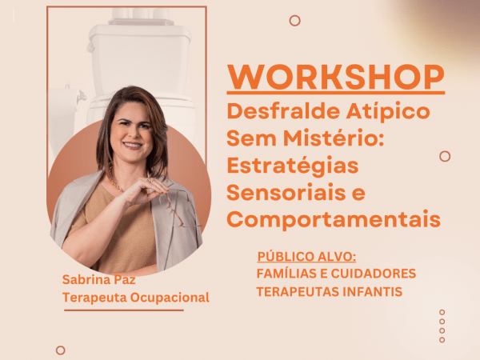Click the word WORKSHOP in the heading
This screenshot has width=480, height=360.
[x=335, y=77]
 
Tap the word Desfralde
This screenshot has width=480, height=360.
[x=283, y=111]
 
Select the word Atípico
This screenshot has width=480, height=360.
[x=388, y=112]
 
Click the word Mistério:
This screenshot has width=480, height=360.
[x=334, y=138]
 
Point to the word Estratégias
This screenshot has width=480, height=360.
[x=293, y=166]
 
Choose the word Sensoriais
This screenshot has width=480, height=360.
[x=286, y=192]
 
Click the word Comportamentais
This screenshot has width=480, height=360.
[x=334, y=220]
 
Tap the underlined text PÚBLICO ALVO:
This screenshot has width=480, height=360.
[x=306, y=257]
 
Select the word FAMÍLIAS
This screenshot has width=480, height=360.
[x=286, y=274]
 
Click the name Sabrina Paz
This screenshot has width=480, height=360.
[x=99, y=279]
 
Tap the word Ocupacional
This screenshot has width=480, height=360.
[x=170, y=298]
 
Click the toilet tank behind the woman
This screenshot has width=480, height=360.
[x=139, y=58]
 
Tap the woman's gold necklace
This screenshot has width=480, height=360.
[x=117, y=186]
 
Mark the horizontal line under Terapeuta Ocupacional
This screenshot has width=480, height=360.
[x=124, y=310]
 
